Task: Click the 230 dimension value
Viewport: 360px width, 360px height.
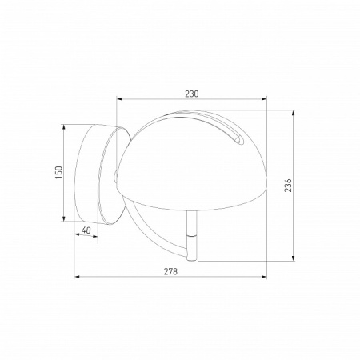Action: coord(191,94)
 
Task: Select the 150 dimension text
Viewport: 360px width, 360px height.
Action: coord(58,172)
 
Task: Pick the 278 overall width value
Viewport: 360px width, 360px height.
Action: coord(170,272)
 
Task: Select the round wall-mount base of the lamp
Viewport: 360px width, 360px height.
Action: coord(96,172)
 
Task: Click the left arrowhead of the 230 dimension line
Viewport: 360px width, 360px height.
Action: coord(119,100)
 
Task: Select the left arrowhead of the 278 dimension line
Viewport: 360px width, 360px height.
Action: coord(77,278)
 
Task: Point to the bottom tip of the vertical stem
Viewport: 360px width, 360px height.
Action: coord(192,260)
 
